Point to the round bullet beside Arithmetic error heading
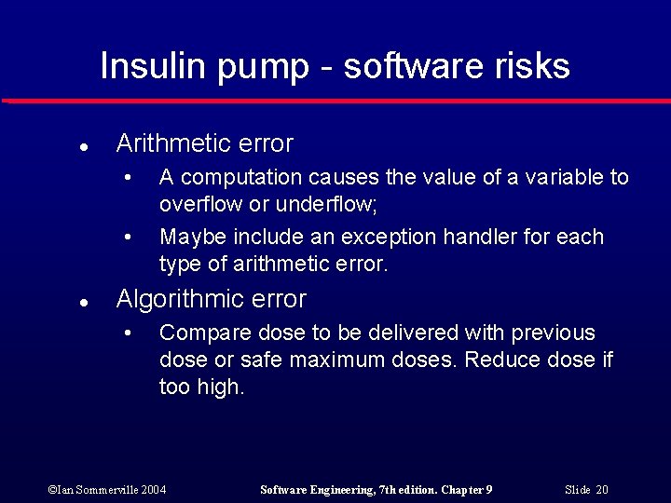[x=83, y=146]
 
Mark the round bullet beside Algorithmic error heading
[x=83, y=302]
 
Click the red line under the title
[x=335, y=101]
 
